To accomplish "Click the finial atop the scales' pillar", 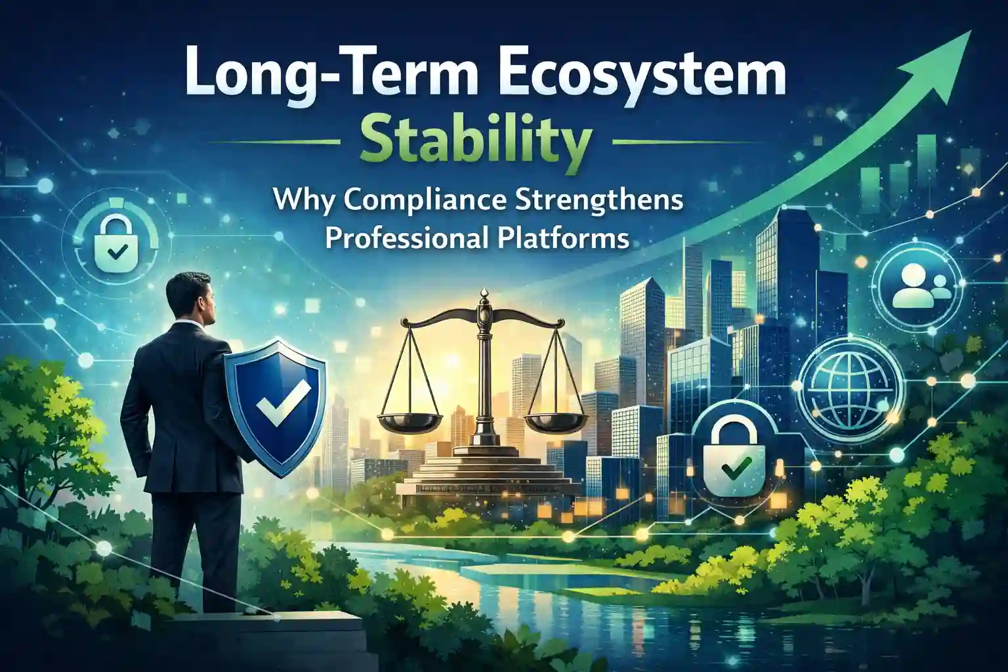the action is pyautogui.click(x=484, y=299).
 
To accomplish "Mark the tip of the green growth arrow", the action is pyautogui.click(x=971, y=31).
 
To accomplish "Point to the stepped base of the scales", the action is pyautogui.click(x=484, y=471).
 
